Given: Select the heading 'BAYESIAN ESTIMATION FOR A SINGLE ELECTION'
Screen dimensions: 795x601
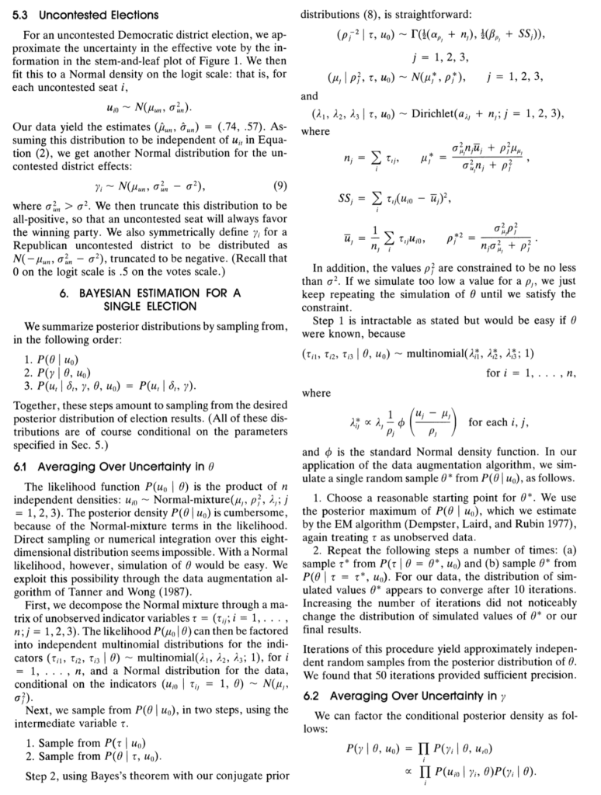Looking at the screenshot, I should coord(150,301).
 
